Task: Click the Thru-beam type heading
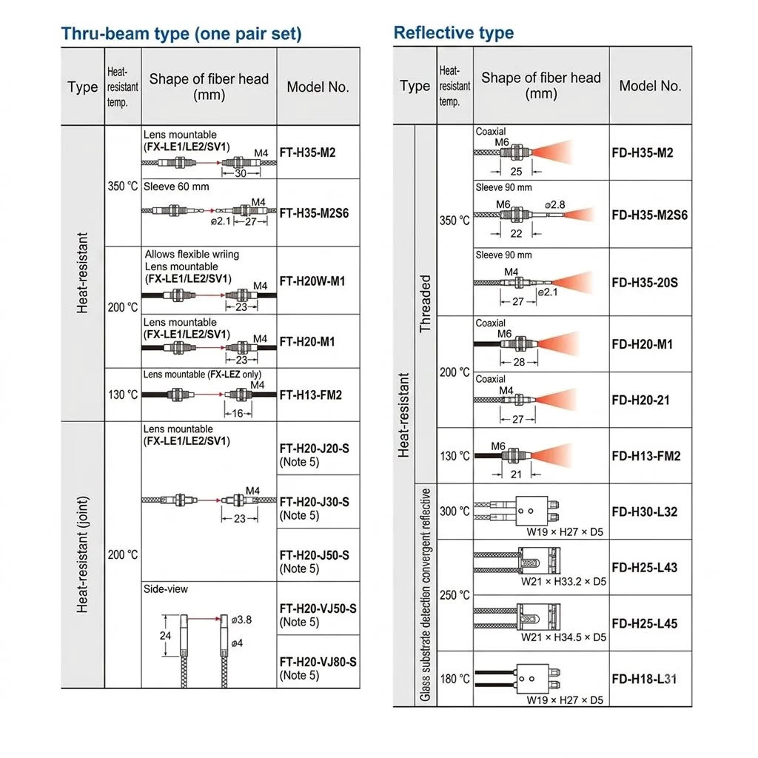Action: [181, 34]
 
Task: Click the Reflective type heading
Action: [454, 33]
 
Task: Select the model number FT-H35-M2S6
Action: [314, 213]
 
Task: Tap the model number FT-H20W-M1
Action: [312, 281]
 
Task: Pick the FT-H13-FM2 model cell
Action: [310, 395]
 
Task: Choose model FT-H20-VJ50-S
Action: [318, 608]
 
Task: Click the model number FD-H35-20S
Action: [645, 282]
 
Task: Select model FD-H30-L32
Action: [645, 512]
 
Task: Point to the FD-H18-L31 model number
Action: [644, 679]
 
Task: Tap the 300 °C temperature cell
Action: [455, 512]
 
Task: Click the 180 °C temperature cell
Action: [455, 679]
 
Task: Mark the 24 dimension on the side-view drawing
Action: [165, 635]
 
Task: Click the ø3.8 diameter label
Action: [241, 620]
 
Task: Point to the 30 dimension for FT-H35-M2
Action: [241, 173]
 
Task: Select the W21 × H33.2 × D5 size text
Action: [563, 582]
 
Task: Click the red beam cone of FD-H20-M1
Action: [560, 343]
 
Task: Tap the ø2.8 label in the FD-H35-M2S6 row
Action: [555, 205]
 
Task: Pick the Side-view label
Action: [165, 588]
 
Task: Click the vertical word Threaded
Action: [425, 303]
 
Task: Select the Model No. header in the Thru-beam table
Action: [318, 87]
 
